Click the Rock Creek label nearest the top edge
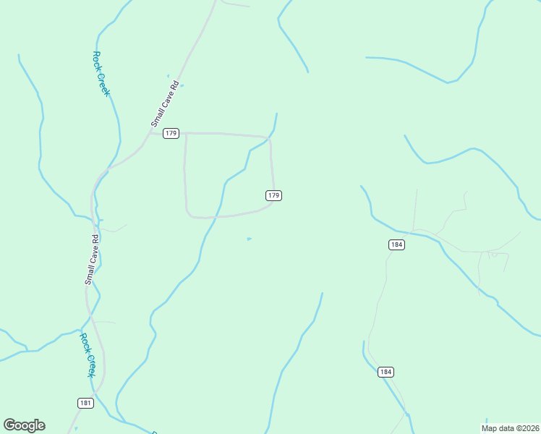click(101, 74)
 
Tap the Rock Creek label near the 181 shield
click(87, 354)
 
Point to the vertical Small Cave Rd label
click(92, 259)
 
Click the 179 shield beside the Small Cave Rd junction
click(171, 133)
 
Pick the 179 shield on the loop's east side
click(273, 195)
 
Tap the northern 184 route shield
click(396, 244)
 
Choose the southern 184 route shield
click(385, 372)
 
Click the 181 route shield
click(85, 403)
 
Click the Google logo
click(25, 425)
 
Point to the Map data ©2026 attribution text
click(511, 427)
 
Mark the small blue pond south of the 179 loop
click(250, 239)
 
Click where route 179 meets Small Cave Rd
click(150, 132)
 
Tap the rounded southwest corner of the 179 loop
click(189, 213)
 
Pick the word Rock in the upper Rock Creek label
click(97, 60)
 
